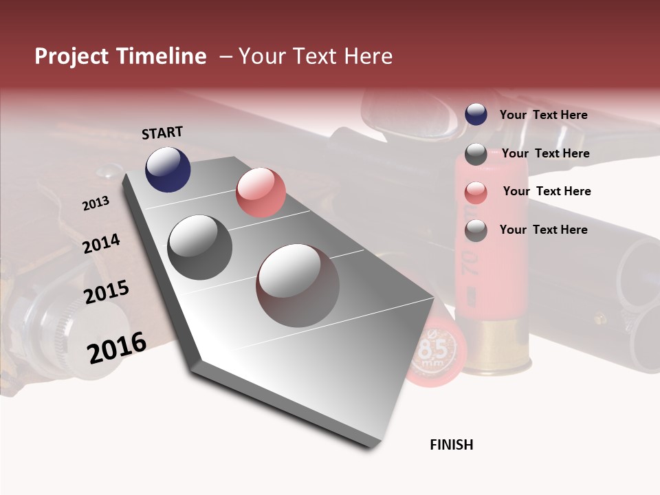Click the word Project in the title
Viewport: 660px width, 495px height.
pyautogui.click(x=71, y=57)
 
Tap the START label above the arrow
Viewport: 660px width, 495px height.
pyautogui.click(x=162, y=133)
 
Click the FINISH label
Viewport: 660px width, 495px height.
pyautogui.click(x=451, y=445)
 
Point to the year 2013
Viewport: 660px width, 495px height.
pyautogui.click(x=96, y=203)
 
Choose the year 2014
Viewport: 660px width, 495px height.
pyautogui.click(x=101, y=243)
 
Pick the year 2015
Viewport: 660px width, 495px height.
pyautogui.click(x=107, y=292)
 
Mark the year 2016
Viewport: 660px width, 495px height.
pyautogui.click(x=117, y=348)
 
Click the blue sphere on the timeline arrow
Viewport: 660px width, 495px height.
pyautogui.click(x=168, y=169)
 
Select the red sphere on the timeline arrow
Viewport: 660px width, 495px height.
pyautogui.click(x=261, y=192)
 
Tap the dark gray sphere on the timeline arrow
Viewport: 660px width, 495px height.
pyautogui.click(x=200, y=247)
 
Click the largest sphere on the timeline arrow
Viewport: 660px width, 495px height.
pyautogui.click(x=298, y=285)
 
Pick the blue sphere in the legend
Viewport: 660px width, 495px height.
pyautogui.click(x=476, y=114)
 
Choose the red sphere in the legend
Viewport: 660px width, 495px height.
pyautogui.click(x=476, y=192)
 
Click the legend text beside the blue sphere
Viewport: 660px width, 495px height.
pyautogui.click(x=543, y=115)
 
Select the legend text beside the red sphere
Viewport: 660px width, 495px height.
pyautogui.click(x=547, y=191)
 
